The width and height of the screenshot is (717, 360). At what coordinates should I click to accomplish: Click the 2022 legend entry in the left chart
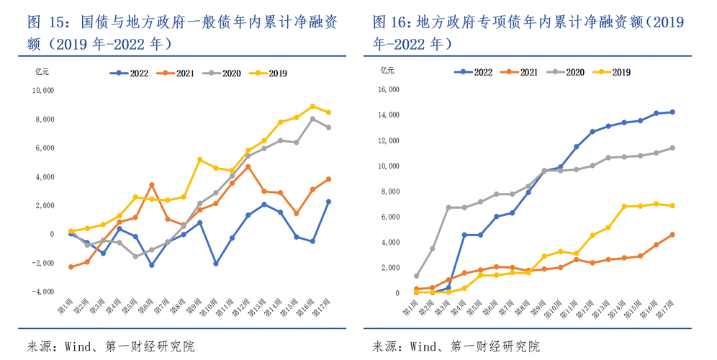point(132,73)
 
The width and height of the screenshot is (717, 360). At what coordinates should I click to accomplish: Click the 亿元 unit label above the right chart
point(387,70)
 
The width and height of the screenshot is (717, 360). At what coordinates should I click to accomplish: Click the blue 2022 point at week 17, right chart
point(672,112)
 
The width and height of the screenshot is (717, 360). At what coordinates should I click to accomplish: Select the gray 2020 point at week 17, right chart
point(672,148)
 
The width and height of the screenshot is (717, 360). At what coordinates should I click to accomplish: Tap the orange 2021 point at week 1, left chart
point(71,267)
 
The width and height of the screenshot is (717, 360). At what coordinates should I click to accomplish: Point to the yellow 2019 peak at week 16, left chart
point(312,107)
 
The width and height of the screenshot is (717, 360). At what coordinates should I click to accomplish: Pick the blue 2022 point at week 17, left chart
point(328,202)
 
